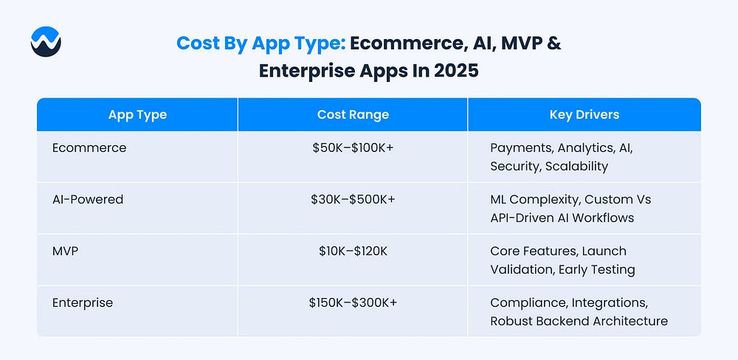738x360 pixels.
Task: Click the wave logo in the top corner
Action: point(46,42)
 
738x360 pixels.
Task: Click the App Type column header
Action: point(137,115)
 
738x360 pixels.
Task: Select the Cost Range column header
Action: point(353,115)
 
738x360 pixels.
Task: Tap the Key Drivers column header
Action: point(584,115)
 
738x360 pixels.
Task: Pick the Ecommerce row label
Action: point(89,148)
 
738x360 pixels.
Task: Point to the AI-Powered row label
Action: point(88,199)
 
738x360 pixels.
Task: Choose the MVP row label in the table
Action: point(65,252)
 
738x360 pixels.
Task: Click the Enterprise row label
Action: point(83,302)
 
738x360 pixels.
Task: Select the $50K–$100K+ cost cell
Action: point(353,148)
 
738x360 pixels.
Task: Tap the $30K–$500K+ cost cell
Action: point(353,199)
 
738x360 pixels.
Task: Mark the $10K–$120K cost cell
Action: point(353,252)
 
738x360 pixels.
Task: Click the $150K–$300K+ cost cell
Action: point(353,302)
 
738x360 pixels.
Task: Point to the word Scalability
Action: point(576,167)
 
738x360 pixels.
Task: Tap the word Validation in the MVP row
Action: point(521,270)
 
